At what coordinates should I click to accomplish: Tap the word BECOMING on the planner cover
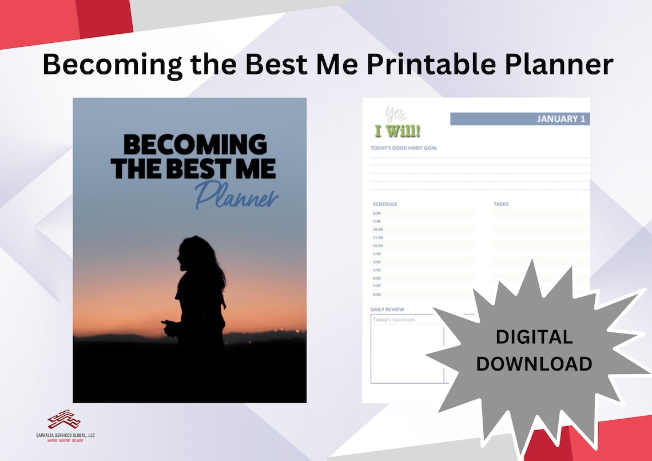point(194,145)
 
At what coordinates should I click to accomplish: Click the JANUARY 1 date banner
point(519,119)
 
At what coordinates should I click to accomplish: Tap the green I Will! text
point(397,132)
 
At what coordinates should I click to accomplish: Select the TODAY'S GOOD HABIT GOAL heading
point(404,148)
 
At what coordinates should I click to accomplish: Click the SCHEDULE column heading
point(385,204)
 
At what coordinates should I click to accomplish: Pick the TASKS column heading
point(501,204)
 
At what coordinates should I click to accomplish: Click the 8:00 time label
point(377,213)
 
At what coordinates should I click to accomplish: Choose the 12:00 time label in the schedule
point(377,245)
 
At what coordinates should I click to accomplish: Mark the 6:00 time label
point(377,294)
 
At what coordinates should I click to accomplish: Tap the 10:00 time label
point(377,229)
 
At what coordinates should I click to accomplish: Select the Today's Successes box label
point(394,320)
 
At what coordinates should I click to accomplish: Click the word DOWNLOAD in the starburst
point(534,364)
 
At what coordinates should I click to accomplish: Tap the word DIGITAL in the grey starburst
point(534,337)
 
